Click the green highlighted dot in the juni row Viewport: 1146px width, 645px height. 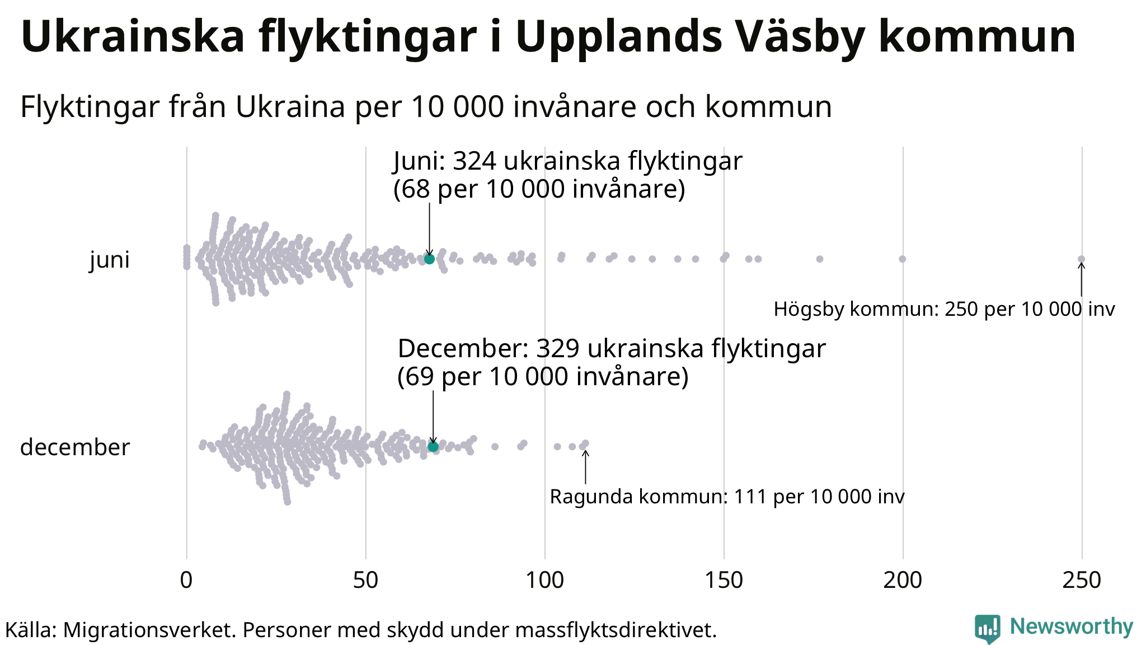pyautogui.click(x=429, y=259)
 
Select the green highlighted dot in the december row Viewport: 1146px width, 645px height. pyautogui.click(x=433, y=446)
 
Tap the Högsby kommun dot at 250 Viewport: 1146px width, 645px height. pyautogui.click(x=1081, y=259)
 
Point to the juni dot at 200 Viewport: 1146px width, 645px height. pyautogui.click(x=902, y=259)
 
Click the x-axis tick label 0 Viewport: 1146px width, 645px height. pyautogui.click(x=186, y=581)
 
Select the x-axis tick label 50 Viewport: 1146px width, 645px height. pyautogui.click(x=365, y=581)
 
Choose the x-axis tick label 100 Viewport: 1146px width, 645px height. pyautogui.click(x=544, y=581)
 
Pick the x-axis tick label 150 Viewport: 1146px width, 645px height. pyautogui.click(x=724, y=581)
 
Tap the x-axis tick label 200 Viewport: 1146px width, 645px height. pyautogui.click(x=903, y=581)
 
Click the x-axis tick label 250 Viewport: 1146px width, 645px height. pyautogui.click(x=1082, y=581)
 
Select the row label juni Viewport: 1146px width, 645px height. pyautogui.click(x=110, y=260)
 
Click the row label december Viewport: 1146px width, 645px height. pyautogui.click(x=75, y=447)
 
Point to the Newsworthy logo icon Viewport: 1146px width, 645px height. pyautogui.click(x=987, y=628)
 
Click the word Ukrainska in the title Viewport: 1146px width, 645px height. pyautogui.click(x=133, y=37)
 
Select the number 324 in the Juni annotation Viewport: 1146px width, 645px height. pyautogui.click(x=475, y=161)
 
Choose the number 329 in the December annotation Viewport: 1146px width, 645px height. pyautogui.click(x=557, y=349)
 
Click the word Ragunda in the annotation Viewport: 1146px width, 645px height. pyautogui.click(x=591, y=497)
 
